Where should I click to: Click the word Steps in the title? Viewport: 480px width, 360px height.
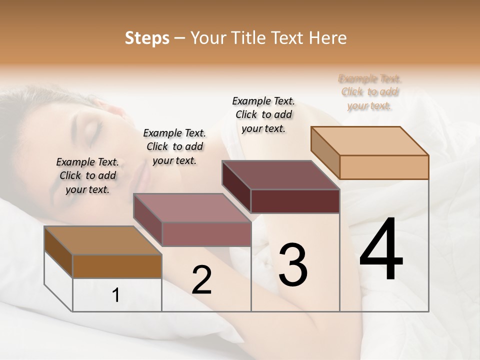click(146, 38)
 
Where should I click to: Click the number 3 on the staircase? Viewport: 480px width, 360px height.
click(293, 265)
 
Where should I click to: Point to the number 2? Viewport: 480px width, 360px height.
click(201, 280)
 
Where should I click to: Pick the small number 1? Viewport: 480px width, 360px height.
click(116, 295)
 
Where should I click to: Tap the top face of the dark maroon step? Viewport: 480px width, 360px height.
click(280, 175)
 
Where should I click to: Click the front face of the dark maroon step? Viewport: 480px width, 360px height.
click(295, 201)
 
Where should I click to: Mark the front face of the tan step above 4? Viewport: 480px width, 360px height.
click(384, 167)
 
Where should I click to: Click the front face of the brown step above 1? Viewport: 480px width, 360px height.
click(117, 266)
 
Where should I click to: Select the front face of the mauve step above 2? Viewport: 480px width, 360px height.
click(206, 234)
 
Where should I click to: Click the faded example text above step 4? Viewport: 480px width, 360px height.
click(369, 92)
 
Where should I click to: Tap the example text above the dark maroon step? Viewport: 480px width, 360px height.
click(263, 114)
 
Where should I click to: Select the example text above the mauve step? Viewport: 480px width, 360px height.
click(174, 146)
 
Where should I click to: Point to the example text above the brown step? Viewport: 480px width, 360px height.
click(87, 175)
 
